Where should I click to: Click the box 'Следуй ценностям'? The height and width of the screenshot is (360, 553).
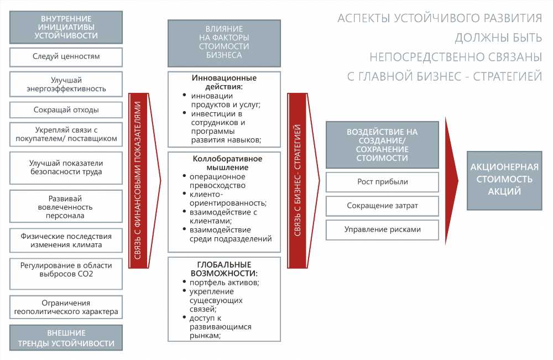(x=66, y=57)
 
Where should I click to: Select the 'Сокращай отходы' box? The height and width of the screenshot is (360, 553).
(x=66, y=110)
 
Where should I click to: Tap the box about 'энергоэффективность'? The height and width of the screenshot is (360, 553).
(x=66, y=85)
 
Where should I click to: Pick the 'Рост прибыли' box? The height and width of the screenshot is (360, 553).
(x=382, y=182)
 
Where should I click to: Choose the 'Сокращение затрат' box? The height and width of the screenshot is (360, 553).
(x=382, y=206)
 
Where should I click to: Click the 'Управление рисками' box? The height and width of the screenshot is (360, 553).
(x=382, y=230)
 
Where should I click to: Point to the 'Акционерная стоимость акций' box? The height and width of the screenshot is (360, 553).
(x=504, y=180)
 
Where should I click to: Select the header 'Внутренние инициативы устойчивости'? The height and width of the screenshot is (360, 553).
(x=66, y=27)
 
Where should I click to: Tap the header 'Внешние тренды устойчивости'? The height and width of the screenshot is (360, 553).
(x=66, y=338)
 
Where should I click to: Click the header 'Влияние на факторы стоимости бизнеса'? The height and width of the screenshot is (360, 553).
(x=224, y=43)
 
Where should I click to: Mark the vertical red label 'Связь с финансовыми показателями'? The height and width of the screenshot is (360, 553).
(x=138, y=180)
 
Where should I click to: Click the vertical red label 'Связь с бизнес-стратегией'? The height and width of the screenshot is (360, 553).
(x=298, y=180)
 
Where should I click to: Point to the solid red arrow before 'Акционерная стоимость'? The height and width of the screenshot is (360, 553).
(x=451, y=181)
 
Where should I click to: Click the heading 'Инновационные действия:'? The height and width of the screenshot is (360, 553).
(x=224, y=82)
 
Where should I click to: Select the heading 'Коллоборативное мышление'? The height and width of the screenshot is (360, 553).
(x=227, y=163)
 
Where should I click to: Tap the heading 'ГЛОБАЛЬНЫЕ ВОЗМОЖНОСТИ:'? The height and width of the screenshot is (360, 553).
(x=224, y=269)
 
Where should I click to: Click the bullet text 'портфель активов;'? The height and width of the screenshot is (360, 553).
(x=225, y=283)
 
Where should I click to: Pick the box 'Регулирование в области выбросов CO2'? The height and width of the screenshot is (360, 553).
(x=66, y=274)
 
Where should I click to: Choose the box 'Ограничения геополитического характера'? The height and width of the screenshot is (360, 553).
(x=66, y=307)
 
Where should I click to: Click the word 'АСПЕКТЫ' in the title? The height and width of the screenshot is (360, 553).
(x=363, y=18)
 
